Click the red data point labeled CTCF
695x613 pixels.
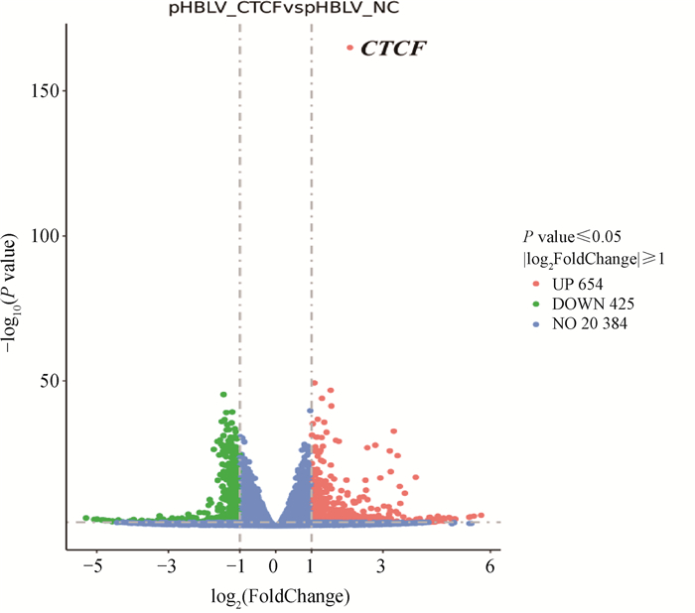pyautogui.click(x=349, y=48)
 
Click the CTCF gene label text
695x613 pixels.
pyautogui.click(x=394, y=48)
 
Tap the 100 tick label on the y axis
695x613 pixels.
pyautogui.click(x=48, y=236)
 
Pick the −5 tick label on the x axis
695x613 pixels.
pyautogui.click(x=94, y=565)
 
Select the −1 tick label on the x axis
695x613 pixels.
pyautogui.click(x=238, y=565)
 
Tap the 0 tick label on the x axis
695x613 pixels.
pyautogui.click(x=276, y=565)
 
